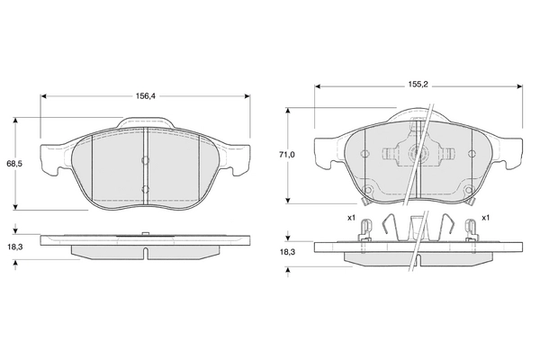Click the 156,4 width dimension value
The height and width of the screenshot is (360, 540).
pos(145,96)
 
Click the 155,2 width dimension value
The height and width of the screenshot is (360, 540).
pos(418,85)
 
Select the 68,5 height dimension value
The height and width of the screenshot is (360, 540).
pos(14,164)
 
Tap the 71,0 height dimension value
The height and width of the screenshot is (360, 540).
pos(286,155)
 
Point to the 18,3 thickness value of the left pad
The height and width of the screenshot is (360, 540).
pos(14,247)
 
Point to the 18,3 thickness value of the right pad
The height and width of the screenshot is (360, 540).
pos(287,252)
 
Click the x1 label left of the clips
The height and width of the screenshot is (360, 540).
pos(351,218)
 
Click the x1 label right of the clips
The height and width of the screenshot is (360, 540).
pos(485,218)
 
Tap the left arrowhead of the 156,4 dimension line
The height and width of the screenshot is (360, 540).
pos(43,96)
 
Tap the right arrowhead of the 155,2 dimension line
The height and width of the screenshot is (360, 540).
pos(519,86)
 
